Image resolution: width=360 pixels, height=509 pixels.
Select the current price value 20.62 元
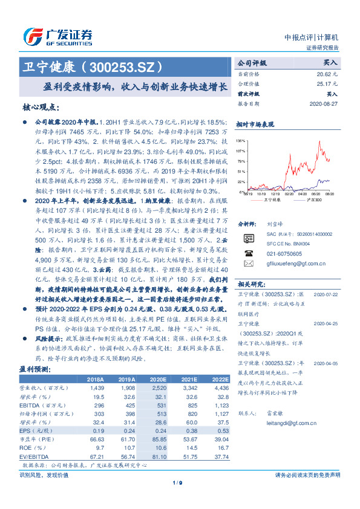[328, 73]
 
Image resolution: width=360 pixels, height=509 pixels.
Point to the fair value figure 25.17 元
[328, 83]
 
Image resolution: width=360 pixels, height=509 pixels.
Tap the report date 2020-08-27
[323, 103]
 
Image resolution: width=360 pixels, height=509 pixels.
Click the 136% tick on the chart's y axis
[241, 140]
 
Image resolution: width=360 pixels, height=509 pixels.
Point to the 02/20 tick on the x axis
[300, 195]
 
